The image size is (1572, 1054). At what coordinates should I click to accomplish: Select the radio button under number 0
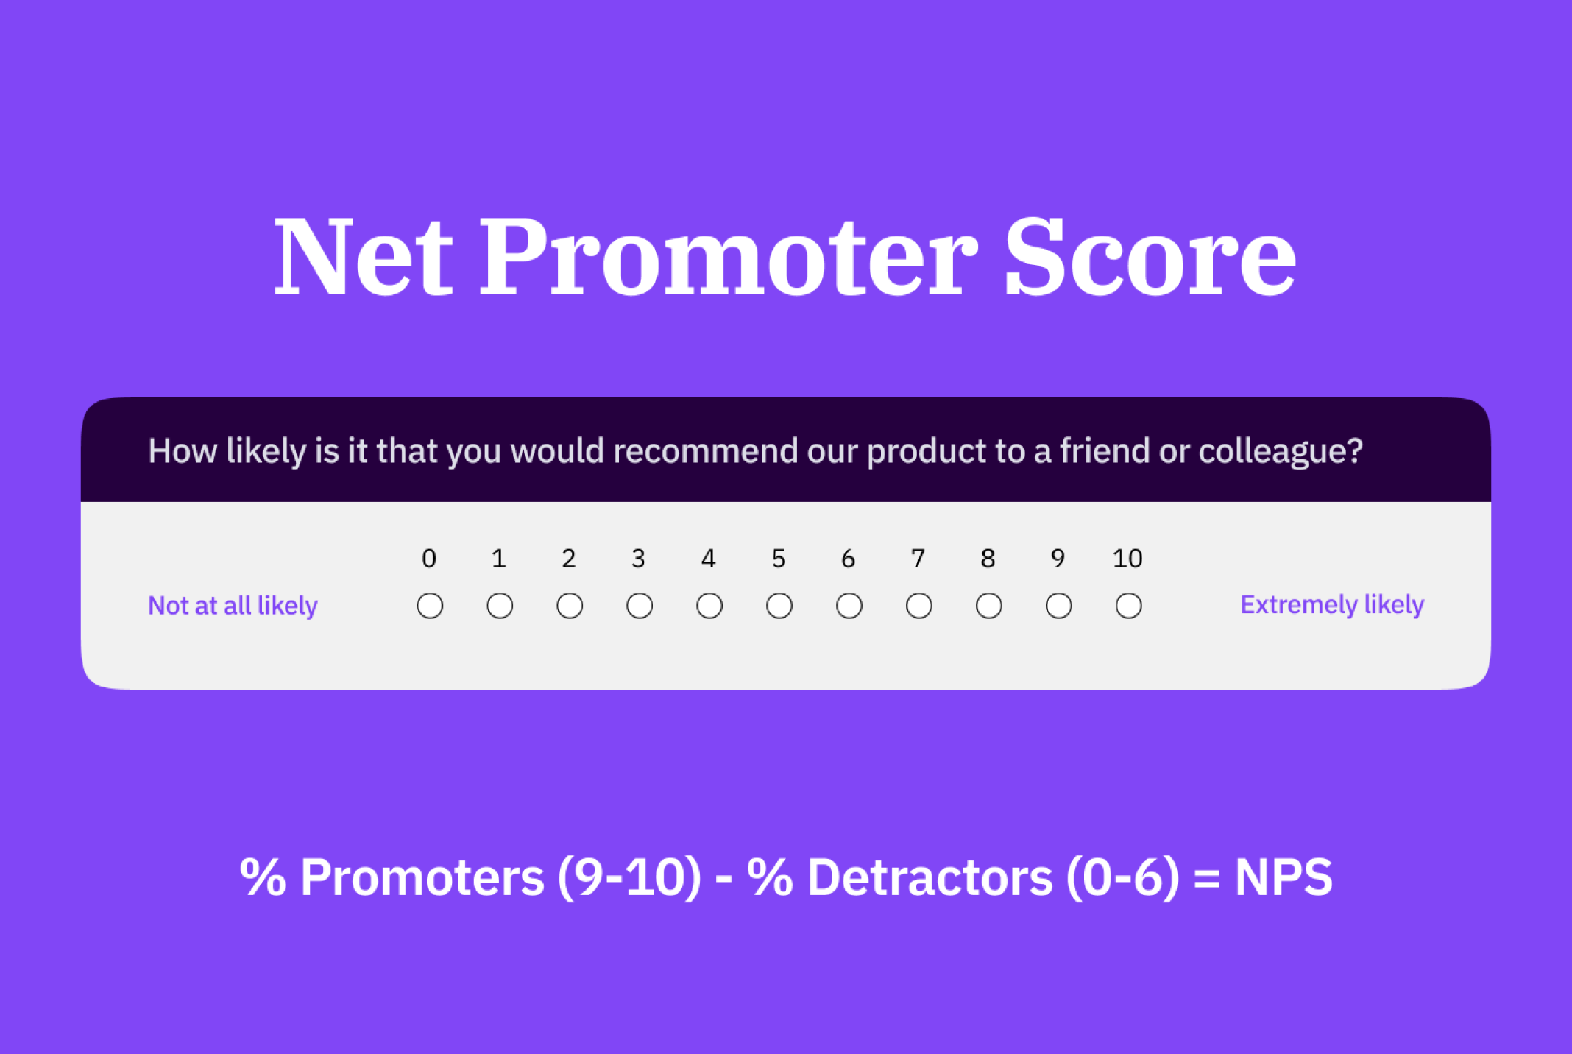tap(430, 606)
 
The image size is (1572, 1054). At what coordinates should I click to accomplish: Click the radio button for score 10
tap(1128, 606)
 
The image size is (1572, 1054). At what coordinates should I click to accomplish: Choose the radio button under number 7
tap(918, 606)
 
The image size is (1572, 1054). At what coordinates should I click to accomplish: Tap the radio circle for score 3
tap(640, 606)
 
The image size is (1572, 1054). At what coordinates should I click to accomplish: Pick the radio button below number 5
tap(779, 606)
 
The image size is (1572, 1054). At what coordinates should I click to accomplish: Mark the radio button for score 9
tap(1058, 606)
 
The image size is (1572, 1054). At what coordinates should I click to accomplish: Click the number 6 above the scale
tap(848, 559)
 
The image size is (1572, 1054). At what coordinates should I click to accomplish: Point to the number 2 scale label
tap(568, 559)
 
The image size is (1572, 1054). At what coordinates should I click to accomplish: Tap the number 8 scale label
tap(988, 559)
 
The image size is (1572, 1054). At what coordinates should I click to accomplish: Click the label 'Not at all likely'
tap(233, 606)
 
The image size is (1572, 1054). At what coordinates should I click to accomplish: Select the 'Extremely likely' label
tap(1332, 605)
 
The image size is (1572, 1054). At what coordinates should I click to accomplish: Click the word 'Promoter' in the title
tap(729, 257)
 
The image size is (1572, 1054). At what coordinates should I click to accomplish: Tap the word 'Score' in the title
tap(1150, 257)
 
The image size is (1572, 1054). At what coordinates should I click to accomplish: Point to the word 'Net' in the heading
tap(364, 257)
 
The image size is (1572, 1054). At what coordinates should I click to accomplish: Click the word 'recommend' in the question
tap(705, 450)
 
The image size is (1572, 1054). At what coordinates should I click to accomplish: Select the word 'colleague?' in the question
tap(1281, 451)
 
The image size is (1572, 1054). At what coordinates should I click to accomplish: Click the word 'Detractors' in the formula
tap(930, 877)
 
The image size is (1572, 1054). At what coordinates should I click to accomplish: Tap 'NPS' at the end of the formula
tap(1284, 877)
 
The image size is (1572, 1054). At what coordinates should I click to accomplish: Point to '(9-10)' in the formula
tap(629, 877)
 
